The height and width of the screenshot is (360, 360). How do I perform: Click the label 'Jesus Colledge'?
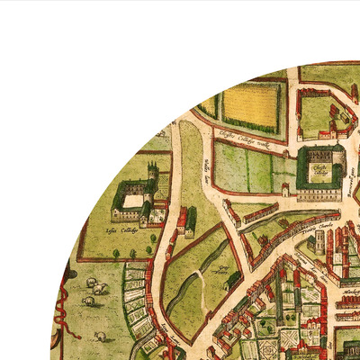[119, 229]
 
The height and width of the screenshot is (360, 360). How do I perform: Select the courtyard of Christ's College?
[319, 168]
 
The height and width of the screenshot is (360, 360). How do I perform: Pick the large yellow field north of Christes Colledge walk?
[251, 105]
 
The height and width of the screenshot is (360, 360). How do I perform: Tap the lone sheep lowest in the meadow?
[100, 337]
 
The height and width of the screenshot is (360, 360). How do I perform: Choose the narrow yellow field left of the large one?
[209, 106]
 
